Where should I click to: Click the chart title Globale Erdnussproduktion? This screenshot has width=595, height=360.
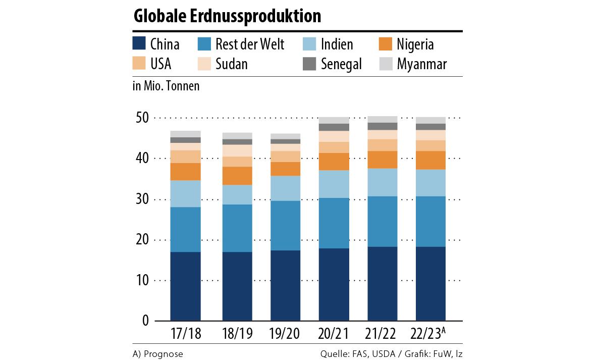point(227,16)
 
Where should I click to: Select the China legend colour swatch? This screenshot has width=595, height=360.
point(139,44)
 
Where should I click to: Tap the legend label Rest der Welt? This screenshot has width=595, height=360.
point(250,44)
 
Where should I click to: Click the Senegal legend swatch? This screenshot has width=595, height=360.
point(309,64)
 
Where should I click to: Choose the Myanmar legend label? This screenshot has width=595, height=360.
point(422,64)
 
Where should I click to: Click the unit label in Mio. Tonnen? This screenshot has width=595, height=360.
point(166,86)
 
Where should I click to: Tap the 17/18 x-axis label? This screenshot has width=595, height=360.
point(185,334)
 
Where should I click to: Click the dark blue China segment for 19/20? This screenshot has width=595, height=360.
point(285,285)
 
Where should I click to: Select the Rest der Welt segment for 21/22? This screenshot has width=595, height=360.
point(383,221)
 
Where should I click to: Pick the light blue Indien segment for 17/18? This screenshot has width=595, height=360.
point(185,193)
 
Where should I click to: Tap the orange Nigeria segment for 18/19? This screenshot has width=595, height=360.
point(237,176)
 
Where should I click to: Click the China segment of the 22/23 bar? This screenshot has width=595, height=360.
point(430,283)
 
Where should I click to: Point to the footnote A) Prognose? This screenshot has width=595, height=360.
point(158,354)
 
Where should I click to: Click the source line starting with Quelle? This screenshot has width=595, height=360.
point(391,354)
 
